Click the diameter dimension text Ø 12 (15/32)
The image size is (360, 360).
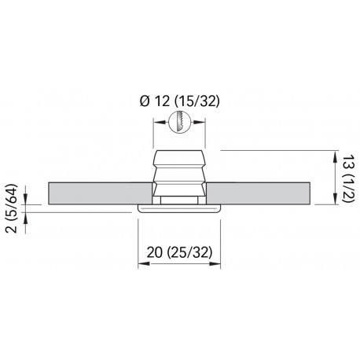(180, 101)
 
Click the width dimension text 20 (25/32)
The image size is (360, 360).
(180, 252)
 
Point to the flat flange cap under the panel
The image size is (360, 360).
(180, 208)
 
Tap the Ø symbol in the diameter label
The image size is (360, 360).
(143, 101)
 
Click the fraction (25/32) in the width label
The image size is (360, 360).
(193, 252)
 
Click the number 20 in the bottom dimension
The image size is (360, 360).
(156, 252)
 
